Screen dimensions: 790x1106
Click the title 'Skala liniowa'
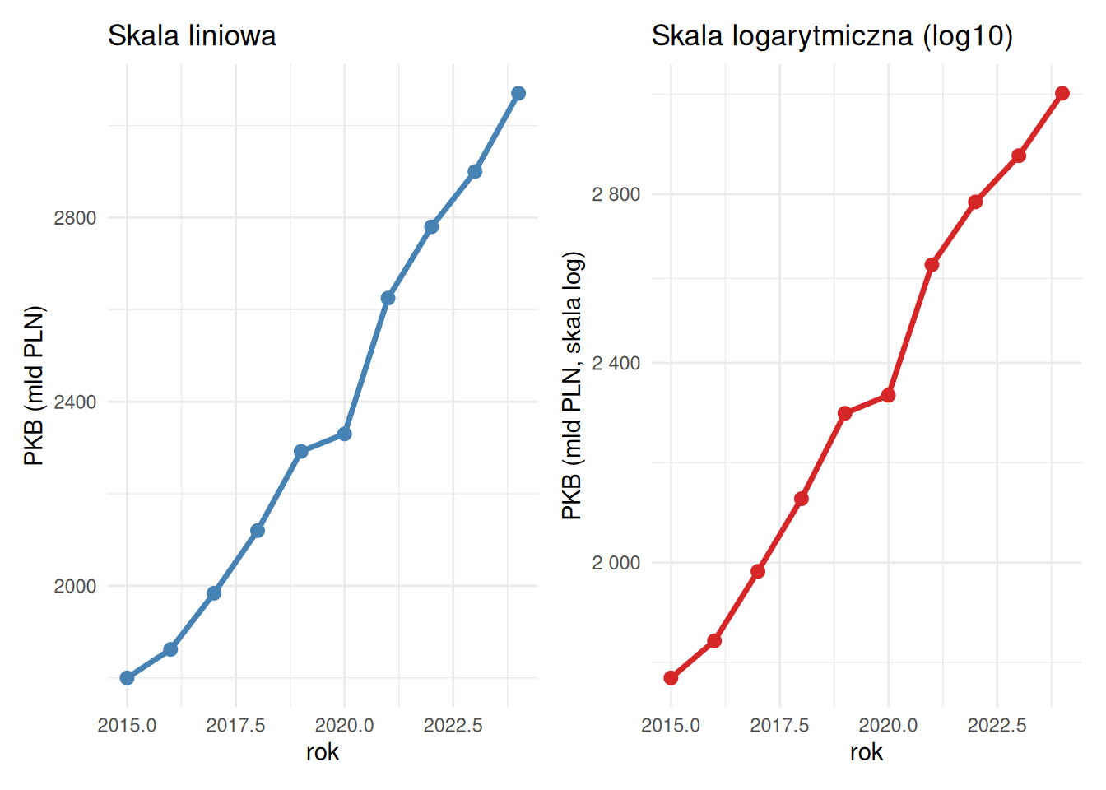point(192,36)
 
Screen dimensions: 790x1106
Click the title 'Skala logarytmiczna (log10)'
point(832,36)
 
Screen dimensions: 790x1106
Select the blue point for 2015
point(127,678)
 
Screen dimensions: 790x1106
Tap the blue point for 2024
point(518,94)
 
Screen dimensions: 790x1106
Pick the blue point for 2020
point(345,434)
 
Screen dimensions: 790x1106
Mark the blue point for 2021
point(388,298)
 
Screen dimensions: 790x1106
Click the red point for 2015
point(671,678)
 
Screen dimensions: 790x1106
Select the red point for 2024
point(1062,94)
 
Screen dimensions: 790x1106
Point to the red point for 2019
point(845,413)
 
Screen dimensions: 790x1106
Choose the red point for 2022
point(975,202)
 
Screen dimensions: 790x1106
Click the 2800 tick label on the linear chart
point(75,218)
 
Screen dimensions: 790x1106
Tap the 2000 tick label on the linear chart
point(75,586)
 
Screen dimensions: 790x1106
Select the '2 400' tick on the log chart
point(616,363)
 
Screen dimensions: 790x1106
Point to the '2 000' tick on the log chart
point(616,563)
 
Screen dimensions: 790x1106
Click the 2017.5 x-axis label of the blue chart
point(235,725)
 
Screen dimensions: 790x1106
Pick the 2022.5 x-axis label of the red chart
point(997,725)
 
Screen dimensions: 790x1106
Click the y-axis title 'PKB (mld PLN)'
point(34,387)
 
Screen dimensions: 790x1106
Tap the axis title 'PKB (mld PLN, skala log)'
point(572,387)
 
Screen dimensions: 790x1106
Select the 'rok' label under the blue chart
point(323,752)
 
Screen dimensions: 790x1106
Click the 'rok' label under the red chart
point(867,752)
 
